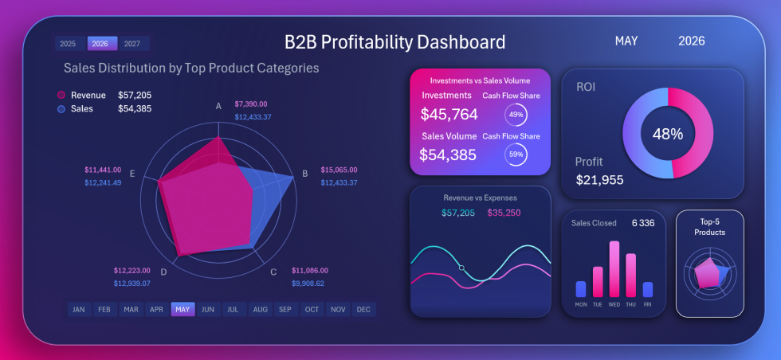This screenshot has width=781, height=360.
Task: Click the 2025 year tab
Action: pyautogui.click(x=68, y=44)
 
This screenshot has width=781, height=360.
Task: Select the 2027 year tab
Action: pyautogui.click(x=132, y=44)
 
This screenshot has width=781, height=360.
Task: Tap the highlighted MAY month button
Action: pyautogui.click(x=182, y=309)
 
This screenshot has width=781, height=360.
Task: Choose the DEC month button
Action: pyautogui.click(x=363, y=309)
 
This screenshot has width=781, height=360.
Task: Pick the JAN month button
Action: pyautogui.click(x=78, y=309)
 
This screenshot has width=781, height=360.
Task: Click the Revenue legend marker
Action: pyautogui.click(x=61, y=96)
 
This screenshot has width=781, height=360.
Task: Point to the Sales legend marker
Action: pyautogui.click(x=61, y=108)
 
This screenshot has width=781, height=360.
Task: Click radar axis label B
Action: pyautogui.click(x=304, y=174)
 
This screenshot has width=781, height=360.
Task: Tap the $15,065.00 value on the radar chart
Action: pyautogui.click(x=339, y=170)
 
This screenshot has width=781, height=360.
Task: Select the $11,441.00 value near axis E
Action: pyautogui.click(x=103, y=170)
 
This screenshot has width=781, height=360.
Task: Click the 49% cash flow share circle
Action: pyautogui.click(x=516, y=115)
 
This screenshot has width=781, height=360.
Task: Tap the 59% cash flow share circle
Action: pyautogui.click(x=516, y=155)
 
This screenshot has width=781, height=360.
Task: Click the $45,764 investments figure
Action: pyautogui.click(x=449, y=115)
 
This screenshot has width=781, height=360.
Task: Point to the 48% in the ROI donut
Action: pyautogui.click(x=668, y=134)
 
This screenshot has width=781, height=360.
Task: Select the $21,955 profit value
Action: pyautogui.click(x=599, y=180)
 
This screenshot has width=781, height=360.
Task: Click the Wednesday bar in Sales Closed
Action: pyautogui.click(x=614, y=268)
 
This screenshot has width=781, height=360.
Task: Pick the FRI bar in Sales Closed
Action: pyautogui.click(x=648, y=289)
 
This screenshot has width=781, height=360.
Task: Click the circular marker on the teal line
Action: pyautogui.click(x=461, y=268)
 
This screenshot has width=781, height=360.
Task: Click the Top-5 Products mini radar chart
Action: pyautogui.click(x=709, y=274)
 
